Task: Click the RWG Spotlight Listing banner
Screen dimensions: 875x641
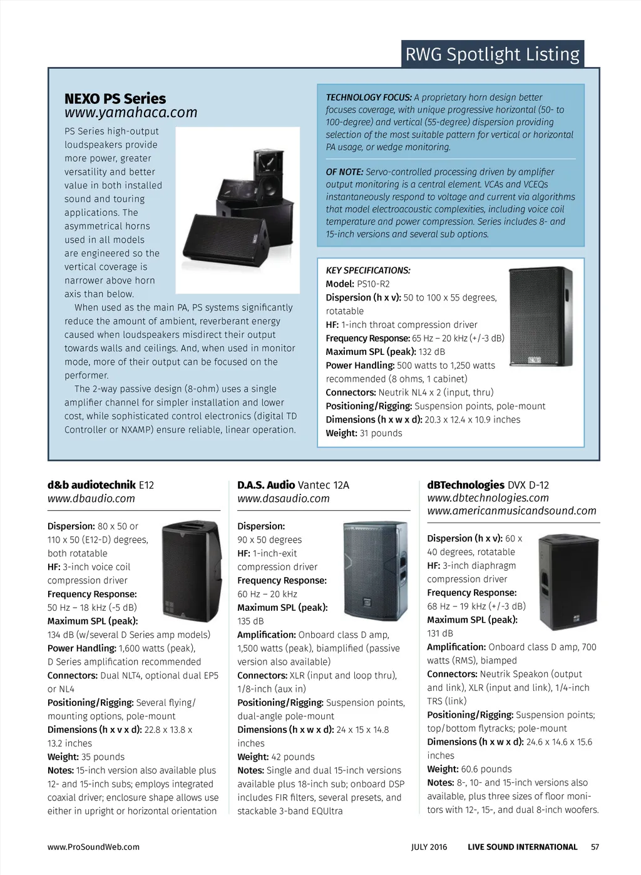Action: [492, 54]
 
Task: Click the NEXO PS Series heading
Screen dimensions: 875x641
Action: [115, 99]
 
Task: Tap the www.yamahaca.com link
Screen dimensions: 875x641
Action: [131, 113]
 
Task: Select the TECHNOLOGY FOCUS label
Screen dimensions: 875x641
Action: [368, 98]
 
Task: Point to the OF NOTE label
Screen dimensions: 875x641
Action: [344, 172]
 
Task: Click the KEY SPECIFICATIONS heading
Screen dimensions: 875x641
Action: [368, 270]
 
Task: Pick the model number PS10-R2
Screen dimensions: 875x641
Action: [373, 284]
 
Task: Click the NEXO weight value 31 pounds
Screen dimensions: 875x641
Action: [381, 433]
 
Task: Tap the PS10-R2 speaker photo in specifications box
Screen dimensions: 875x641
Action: [541, 316]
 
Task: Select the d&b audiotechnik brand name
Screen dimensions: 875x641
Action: [91, 485]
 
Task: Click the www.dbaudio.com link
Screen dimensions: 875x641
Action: [91, 499]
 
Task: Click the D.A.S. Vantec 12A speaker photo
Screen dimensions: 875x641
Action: [375, 571]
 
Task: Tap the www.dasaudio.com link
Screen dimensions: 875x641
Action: [283, 499]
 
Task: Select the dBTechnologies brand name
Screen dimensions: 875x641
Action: [466, 485]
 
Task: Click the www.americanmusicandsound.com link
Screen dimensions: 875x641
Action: [511, 511]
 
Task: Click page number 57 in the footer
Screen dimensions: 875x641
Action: [595, 847]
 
